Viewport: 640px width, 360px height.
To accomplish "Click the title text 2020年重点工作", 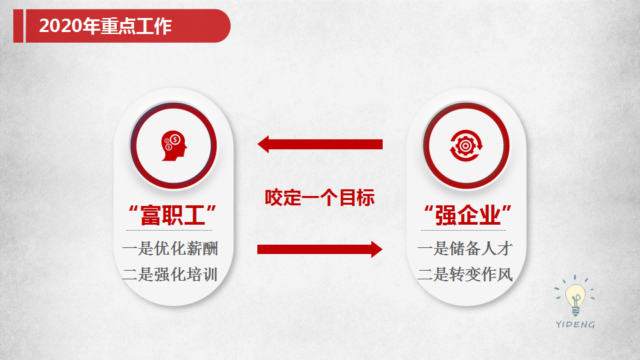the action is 105,26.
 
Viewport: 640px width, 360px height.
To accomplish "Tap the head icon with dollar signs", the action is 174,146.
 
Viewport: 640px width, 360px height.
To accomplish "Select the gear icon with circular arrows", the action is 466,146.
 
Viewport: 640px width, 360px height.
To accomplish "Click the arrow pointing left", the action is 320,145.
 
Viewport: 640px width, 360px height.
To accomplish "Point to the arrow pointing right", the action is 319,249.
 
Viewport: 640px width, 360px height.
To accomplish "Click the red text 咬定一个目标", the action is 319,197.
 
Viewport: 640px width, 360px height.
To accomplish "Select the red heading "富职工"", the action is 172,215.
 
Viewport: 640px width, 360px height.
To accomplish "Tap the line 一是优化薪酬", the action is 170,249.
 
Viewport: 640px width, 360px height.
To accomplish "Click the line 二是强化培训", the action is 170,274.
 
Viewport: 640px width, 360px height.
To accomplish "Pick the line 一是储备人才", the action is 465,249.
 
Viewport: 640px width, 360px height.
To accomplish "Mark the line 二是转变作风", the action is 465,274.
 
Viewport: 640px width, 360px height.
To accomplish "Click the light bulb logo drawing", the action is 575,296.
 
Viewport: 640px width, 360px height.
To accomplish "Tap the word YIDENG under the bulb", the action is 575,325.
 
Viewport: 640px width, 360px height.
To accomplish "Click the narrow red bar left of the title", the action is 19,26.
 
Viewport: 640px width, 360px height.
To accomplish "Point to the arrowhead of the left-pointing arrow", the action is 263,145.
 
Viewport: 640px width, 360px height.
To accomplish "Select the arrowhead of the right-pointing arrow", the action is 377,249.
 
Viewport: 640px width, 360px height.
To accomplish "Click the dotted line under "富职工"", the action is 169,230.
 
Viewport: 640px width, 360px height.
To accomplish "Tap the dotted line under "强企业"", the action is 464,230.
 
